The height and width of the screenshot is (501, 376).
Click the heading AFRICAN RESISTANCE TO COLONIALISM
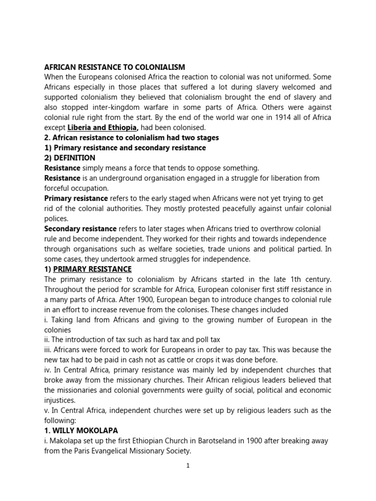click(115, 67)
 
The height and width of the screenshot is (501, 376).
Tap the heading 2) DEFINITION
click(70, 158)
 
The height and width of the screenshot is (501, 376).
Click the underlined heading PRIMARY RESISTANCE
click(93, 269)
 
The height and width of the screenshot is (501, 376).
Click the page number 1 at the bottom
click(188, 466)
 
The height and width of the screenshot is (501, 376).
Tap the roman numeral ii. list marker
click(47, 340)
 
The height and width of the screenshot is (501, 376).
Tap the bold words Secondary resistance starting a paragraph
click(80, 228)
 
